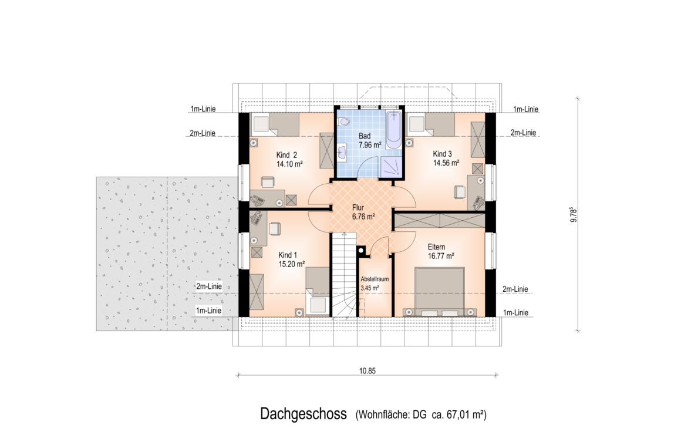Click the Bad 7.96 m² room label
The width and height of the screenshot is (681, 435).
point(370,141)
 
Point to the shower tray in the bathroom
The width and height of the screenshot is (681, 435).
point(391,166)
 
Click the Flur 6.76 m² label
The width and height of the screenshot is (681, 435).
point(363,213)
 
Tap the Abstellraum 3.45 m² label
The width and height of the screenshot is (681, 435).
point(375,284)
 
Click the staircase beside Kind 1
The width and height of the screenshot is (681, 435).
point(345,275)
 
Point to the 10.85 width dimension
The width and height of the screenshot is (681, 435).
point(368,371)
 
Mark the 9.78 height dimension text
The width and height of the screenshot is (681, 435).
point(574,215)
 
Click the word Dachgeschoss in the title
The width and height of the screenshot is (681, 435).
point(303,414)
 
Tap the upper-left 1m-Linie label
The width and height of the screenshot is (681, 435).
point(203,109)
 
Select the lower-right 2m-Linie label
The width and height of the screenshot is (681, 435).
point(515,289)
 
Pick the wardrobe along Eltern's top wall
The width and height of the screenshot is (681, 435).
point(439,221)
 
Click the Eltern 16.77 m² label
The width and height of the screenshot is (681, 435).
point(440,251)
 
